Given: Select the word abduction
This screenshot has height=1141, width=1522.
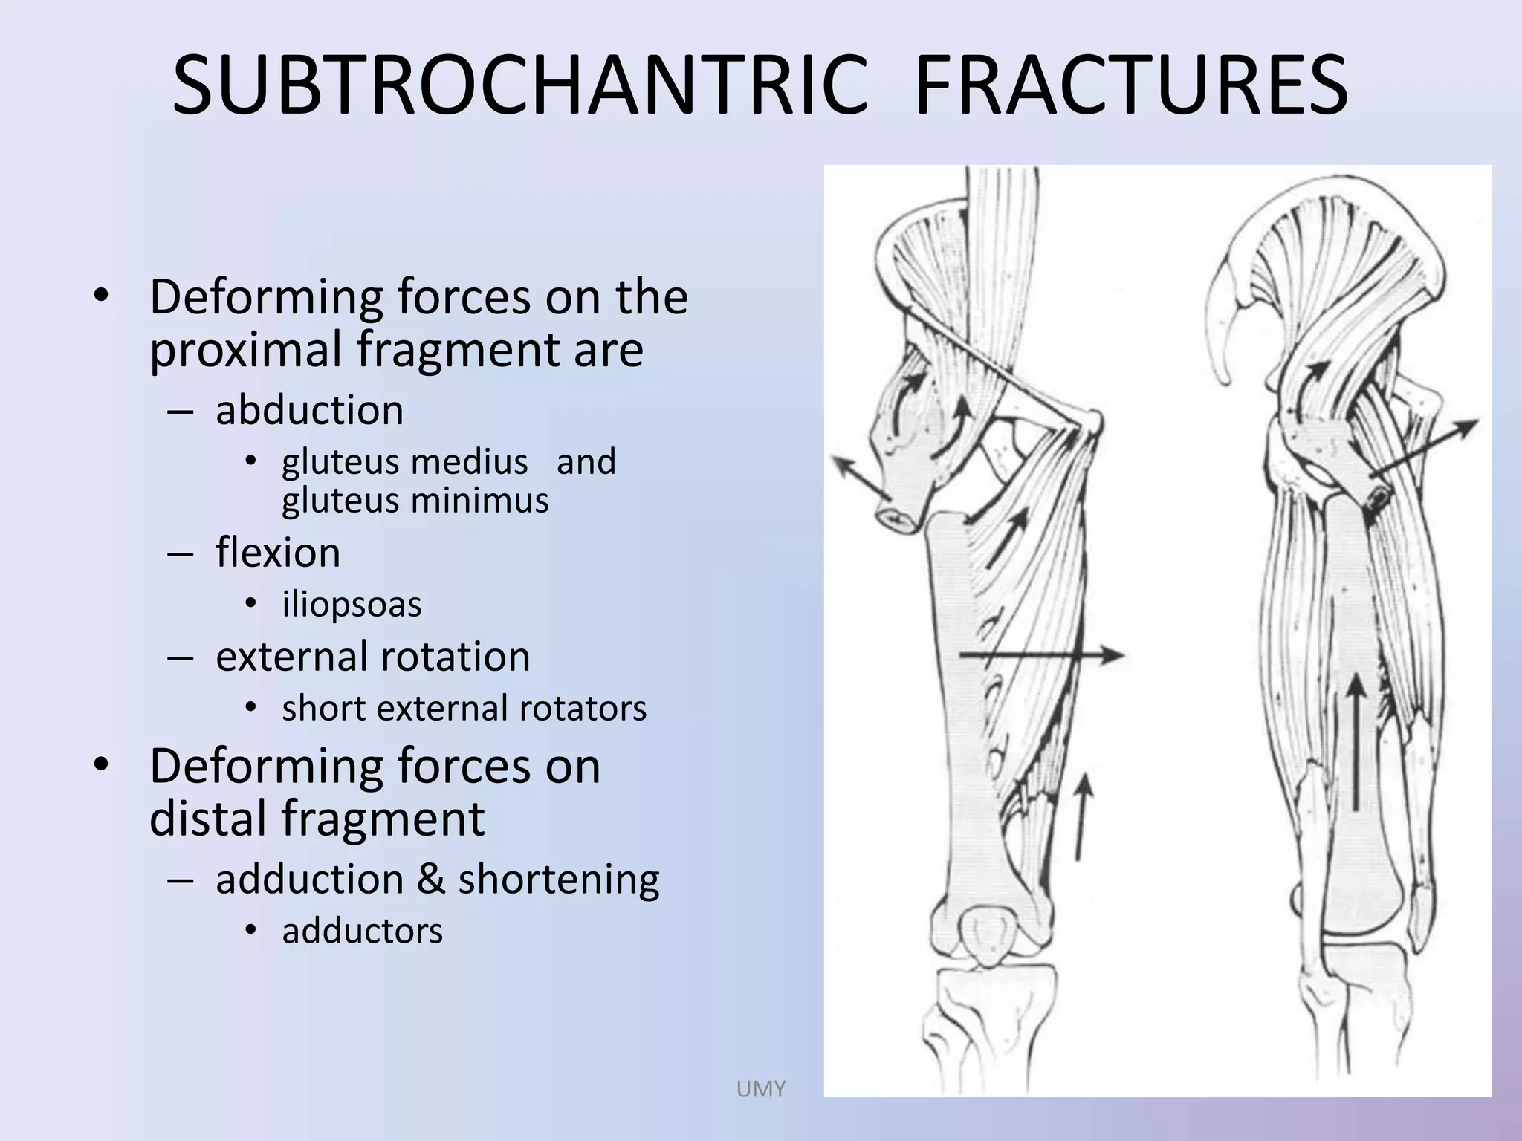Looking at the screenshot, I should (309, 410).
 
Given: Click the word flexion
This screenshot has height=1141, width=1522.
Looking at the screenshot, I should (278, 553).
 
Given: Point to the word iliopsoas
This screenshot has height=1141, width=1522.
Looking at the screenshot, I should (352, 604).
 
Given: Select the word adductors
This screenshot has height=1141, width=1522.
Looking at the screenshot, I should (362, 931).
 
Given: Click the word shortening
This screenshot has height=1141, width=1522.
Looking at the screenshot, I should (558, 880).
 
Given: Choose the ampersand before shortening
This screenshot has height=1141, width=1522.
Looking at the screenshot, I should (430, 880).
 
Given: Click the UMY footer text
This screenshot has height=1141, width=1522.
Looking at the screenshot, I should (760, 1089).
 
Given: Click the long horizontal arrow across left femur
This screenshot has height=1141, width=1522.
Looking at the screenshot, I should (1040, 655).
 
